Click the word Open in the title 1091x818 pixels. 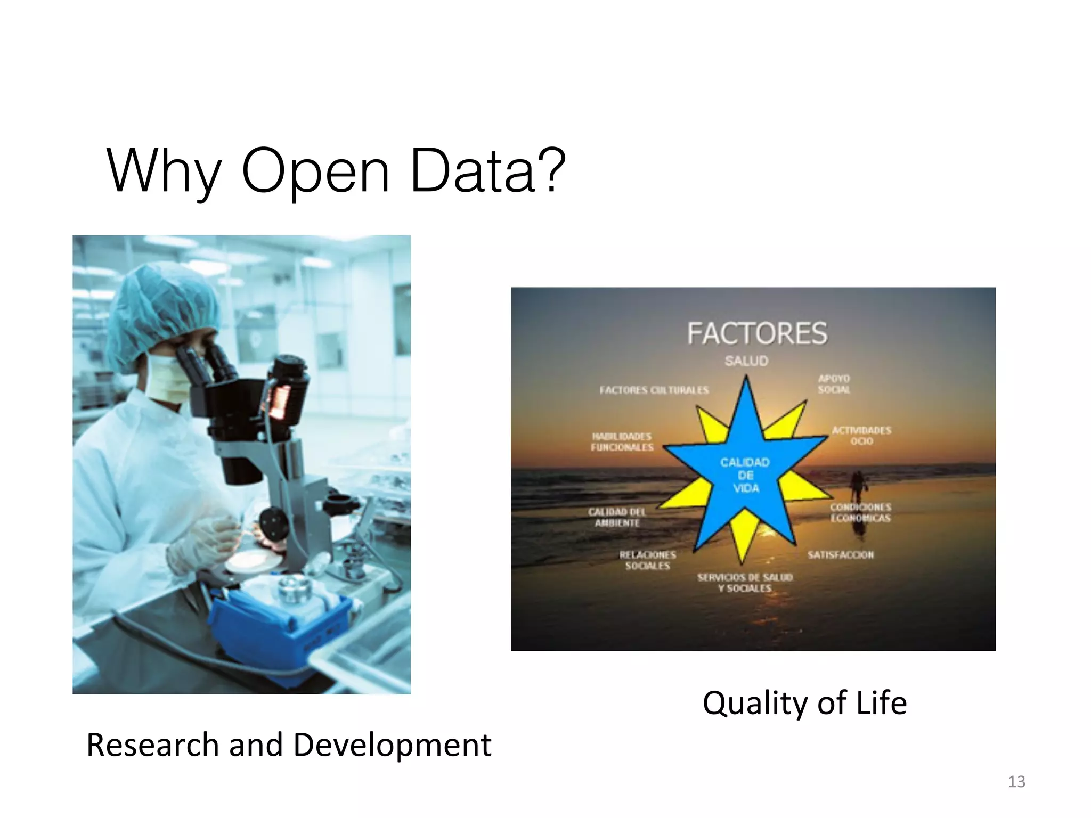[x=315, y=171]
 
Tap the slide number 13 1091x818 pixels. [x=1016, y=782]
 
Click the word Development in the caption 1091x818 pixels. [x=392, y=746]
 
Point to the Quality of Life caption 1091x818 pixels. [x=804, y=703]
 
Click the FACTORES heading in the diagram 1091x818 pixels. [x=757, y=333]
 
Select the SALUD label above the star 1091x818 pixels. [x=746, y=361]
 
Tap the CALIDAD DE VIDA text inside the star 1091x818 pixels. [x=745, y=475]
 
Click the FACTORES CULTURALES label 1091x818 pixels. [x=654, y=390]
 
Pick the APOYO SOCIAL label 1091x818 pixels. [x=834, y=384]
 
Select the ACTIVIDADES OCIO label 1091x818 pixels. [x=861, y=436]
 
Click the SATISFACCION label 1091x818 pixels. [x=840, y=555]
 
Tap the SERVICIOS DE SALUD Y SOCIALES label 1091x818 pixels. [x=745, y=583]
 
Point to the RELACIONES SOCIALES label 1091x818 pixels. [x=647, y=560]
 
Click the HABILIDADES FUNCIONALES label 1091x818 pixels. [x=622, y=442]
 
